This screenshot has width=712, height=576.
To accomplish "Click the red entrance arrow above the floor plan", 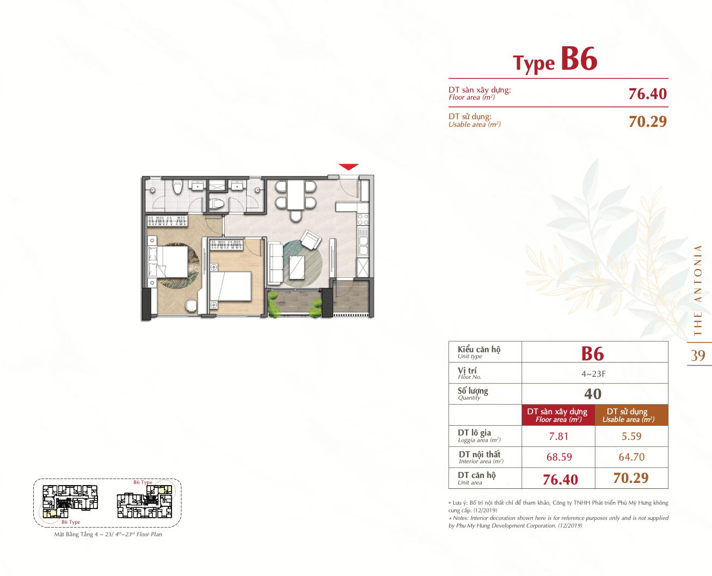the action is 348,167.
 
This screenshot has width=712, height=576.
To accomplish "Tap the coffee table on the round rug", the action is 297,267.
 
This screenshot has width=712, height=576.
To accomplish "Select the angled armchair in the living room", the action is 311,240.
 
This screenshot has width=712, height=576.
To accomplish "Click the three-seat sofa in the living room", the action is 275,264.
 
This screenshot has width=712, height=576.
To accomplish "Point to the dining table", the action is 296,195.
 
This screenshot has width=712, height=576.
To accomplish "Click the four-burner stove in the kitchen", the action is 363,219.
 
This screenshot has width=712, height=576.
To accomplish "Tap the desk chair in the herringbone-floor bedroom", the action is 191,305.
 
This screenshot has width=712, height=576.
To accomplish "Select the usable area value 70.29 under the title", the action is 647,121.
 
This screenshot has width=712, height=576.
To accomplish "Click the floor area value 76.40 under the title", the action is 647,94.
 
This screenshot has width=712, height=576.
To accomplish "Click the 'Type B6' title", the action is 555,60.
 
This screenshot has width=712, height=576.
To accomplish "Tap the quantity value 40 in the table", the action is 593,394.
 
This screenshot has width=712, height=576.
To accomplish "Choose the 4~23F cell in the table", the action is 594,374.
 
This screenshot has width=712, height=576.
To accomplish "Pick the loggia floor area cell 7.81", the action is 558,436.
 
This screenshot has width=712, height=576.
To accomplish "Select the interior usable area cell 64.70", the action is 631,457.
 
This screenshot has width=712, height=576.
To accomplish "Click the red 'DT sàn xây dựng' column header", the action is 558,415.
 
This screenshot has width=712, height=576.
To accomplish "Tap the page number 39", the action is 698,356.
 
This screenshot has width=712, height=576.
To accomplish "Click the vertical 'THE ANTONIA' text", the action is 698,290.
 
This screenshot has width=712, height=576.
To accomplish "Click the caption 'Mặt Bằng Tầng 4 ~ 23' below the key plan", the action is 83,534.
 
